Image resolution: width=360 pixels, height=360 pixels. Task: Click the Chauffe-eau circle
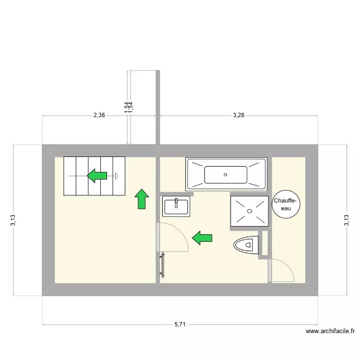[286, 205]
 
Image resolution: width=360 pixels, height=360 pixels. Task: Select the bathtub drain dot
[226, 175]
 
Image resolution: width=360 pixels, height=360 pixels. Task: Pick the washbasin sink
[176, 206]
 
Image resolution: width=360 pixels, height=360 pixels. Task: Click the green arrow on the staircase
[97, 176]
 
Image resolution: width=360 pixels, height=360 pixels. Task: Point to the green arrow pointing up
[142, 199]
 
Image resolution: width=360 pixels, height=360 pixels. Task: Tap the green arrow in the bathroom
[203, 237]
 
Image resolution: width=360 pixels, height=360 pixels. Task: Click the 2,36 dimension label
[99, 115]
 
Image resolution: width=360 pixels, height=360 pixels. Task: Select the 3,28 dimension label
[239, 115]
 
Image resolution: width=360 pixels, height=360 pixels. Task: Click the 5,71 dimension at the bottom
[180, 324]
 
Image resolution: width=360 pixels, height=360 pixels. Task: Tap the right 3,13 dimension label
[347, 220]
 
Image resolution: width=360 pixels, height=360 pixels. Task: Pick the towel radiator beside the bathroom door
[163, 264]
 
